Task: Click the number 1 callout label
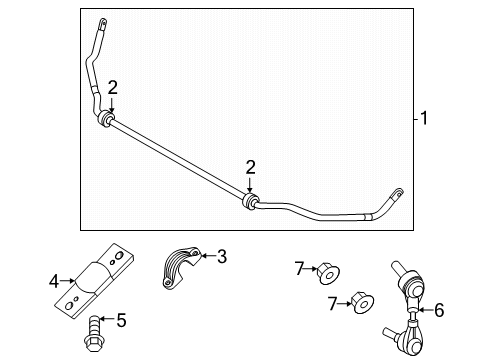[x=424, y=119]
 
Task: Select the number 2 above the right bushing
[x=251, y=166]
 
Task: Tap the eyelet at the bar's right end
[x=399, y=192]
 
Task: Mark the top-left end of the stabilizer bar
[x=101, y=22]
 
